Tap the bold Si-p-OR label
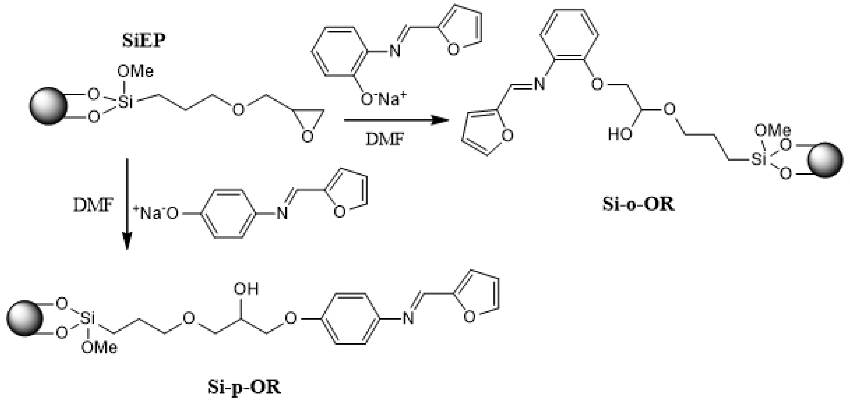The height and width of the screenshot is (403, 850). pos(244,387)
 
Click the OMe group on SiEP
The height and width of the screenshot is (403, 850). pos(135,72)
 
